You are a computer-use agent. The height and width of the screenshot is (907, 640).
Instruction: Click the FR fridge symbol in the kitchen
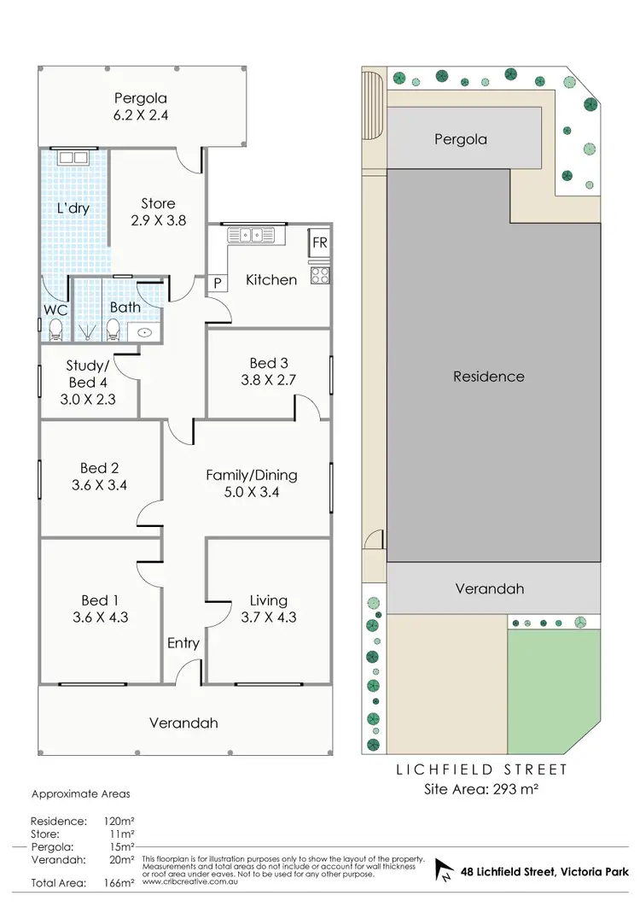pos(319,243)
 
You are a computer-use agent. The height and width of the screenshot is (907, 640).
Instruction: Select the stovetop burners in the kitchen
pos(319,275)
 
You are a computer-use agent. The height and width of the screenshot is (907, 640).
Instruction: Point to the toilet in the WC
pos(55,327)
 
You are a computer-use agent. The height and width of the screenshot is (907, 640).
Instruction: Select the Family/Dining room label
pos(251,475)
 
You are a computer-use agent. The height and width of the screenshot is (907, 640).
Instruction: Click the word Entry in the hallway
pos(183,642)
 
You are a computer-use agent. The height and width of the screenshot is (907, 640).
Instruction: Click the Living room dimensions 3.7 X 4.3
pos(268,616)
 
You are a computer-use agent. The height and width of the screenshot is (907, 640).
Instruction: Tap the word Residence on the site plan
pos(488,376)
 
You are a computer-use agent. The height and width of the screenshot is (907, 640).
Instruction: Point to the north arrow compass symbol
pos(444,870)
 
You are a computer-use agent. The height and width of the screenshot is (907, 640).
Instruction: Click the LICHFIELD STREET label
pos(481,769)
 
